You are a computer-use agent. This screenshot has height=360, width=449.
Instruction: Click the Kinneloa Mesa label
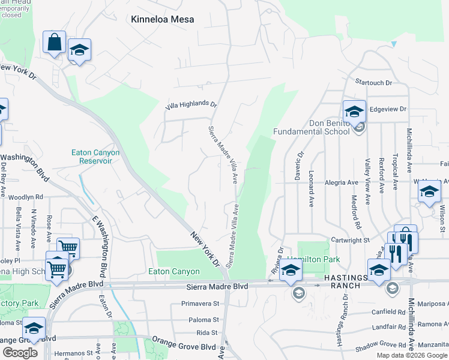[163, 19]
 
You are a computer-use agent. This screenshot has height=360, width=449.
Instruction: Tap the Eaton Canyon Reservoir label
[95, 157]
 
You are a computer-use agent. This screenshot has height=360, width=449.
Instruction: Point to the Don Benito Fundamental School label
[311, 128]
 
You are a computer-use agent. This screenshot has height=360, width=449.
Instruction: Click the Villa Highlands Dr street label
[191, 105]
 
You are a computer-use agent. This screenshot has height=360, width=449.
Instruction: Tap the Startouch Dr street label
[373, 82]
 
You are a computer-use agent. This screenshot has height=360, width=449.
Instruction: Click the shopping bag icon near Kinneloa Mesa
[54, 43]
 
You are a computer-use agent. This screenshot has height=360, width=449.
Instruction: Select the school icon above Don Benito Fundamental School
[354, 110]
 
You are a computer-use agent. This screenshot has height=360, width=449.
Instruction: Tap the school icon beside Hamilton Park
[291, 270]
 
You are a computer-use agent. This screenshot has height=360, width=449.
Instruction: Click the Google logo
[20, 353]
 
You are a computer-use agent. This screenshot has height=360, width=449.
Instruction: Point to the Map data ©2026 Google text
[412, 355]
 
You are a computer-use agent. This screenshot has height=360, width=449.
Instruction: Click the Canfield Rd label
[388, 312]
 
